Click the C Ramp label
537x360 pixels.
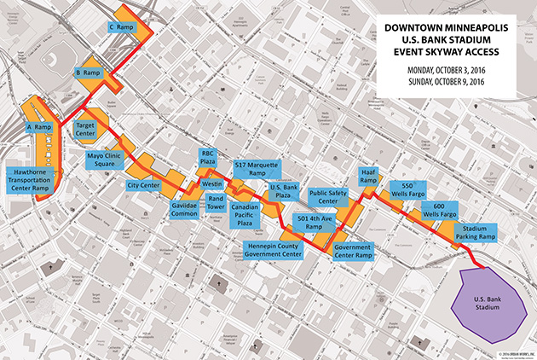click(x=123, y=27)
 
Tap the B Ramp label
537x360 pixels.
click(x=89, y=73)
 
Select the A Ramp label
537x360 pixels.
click(x=40, y=127)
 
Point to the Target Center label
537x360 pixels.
click(x=86, y=130)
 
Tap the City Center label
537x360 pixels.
click(x=144, y=184)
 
